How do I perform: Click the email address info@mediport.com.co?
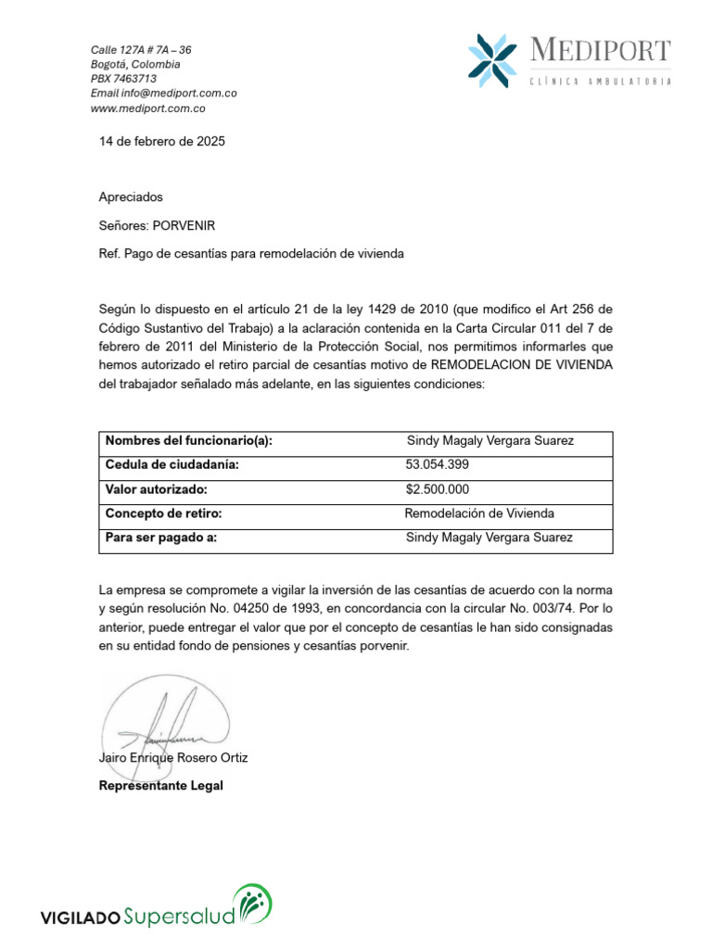[x=163, y=94]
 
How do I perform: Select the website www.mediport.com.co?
[x=147, y=108]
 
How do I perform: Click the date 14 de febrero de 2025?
[x=162, y=142]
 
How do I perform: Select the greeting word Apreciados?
[x=131, y=197]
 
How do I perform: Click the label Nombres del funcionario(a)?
[x=189, y=441]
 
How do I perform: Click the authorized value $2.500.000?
[x=438, y=489]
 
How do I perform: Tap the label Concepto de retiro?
[x=163, y=513]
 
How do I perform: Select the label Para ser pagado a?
[x=161, y=538]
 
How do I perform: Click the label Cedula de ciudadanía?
[x=172, y=465]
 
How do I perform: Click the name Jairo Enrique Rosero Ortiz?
[x=173, y=758]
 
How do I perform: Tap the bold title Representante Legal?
[x=161, y=786]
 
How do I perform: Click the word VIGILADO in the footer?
[x=80, y=918]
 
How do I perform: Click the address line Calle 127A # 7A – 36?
[x=141, y=49]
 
